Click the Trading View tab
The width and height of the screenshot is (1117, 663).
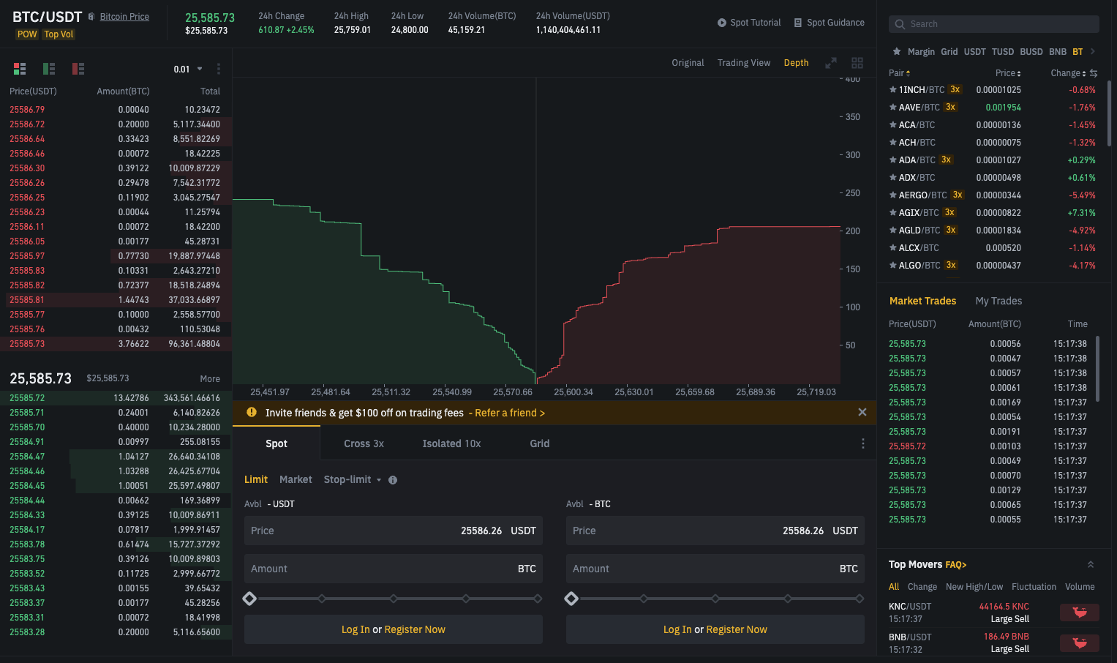tap(743, 63)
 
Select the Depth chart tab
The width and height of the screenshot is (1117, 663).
tap(796, 63)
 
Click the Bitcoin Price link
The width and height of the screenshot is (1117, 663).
tap(124, 16)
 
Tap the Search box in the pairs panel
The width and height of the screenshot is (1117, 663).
tap(993, 24)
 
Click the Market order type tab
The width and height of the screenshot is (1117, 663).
tap(296, 479)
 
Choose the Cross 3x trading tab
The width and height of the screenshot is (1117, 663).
tap(364, 443)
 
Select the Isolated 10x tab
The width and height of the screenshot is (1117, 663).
tap(451, 443)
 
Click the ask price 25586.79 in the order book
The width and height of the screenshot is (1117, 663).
tap(27, 109)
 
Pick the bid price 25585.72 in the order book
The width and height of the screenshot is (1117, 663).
tap(27, 398)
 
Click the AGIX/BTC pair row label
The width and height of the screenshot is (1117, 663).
tap(919, 212)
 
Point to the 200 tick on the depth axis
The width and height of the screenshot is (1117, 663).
tap(853, 231)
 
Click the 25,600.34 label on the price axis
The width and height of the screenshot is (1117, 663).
tap(573, 392)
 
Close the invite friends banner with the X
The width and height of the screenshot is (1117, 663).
tap(862, 412)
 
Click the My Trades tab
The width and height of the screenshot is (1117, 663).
tap(998, 301)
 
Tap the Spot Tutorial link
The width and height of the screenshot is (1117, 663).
tap(749, 23)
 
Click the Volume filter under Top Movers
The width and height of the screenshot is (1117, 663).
tap(1080, 587)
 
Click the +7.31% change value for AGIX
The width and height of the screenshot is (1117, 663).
tap(1081, 212)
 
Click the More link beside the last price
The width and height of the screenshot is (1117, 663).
tap(210, 378)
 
